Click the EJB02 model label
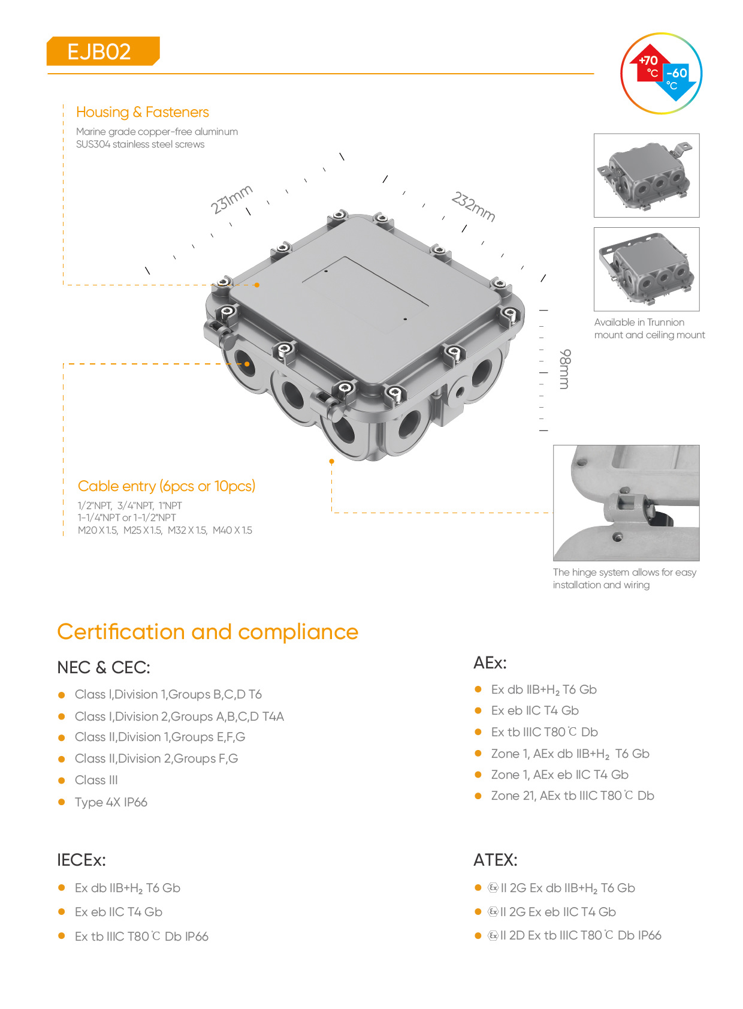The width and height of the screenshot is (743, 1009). click(x=99, y=52)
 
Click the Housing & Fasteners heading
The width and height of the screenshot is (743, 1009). click(x=142, y=112)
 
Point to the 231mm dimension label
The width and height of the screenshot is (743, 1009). click(x=231, y=199)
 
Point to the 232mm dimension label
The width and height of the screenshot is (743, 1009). click(x=473, y=206)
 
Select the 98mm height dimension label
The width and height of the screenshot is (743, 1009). click(x=564, y=369)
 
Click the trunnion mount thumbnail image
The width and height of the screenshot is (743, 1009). click(x=646, y=269)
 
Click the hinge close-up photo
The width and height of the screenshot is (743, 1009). click(x=626, y=502)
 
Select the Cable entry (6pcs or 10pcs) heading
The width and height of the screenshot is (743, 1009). click(x=166, y=486)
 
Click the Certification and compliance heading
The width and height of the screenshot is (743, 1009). click(x=207, y=632)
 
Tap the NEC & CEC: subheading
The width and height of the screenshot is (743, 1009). click(x=103, y=667)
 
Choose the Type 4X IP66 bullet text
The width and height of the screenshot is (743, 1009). click(x=111, y=802)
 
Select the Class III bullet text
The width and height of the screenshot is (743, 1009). click(x=96, y=780)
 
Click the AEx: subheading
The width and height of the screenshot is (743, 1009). click(x=490, y=662)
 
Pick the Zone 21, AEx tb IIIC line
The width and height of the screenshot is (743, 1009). click(x=572, y=796)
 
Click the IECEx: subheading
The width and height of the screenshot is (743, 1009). click(x=81, y=860)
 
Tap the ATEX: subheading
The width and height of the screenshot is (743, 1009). click(x=495, y=860)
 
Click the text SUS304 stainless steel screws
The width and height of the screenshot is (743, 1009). click(x=140, y=144)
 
